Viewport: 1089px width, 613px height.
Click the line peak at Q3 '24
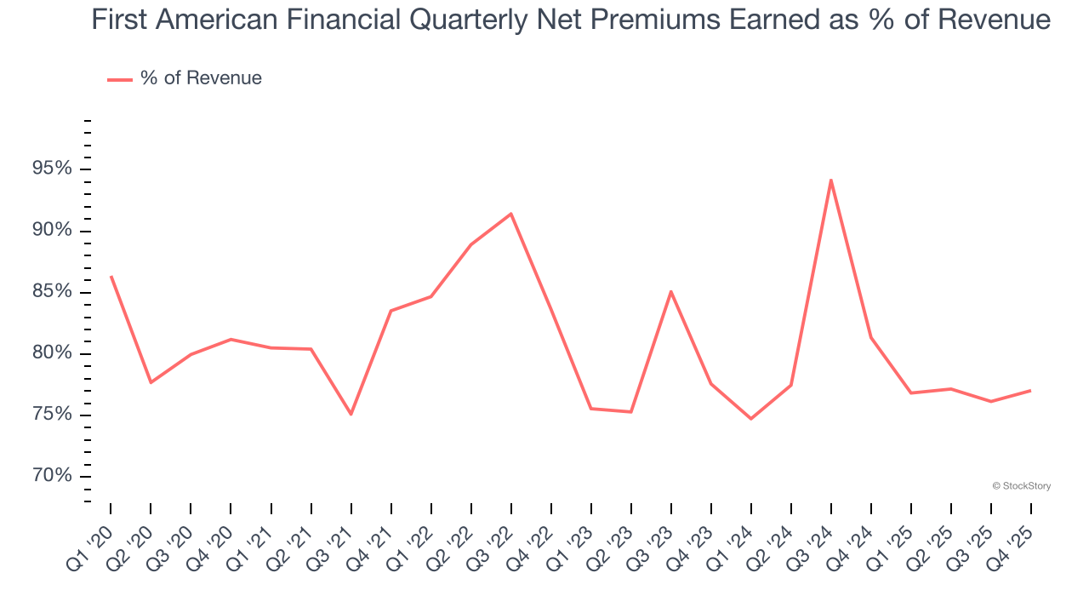coord(830,180)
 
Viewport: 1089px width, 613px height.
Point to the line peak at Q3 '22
coord(510,214)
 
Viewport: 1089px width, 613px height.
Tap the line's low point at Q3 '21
coord(351,414)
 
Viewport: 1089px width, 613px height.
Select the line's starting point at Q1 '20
coord(111,277)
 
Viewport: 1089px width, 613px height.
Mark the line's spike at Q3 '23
coord(670,291)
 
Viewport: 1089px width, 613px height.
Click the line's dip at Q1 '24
coord(750,418)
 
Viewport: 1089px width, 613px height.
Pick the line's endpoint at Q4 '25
coord(1030,391)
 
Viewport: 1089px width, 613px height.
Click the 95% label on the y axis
coord(52,169)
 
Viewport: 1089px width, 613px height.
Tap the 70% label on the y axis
coord(52,476)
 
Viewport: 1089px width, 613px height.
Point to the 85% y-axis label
coord(52,292)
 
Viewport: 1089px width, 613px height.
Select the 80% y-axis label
coord(52,353)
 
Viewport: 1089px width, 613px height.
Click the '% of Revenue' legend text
coord(201,78)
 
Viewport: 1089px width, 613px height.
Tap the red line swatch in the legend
coord(119,79)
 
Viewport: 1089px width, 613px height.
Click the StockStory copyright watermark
coord(1021,486)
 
